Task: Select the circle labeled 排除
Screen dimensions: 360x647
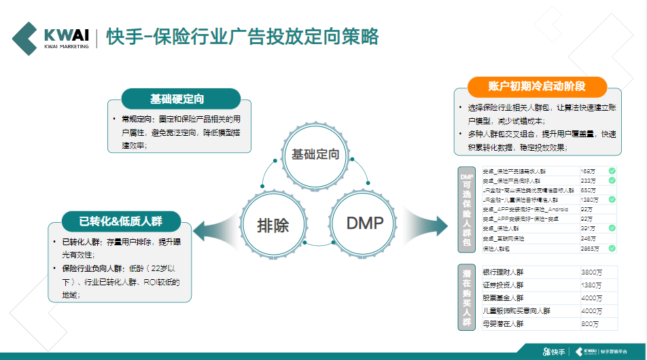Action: (x=273, y=225)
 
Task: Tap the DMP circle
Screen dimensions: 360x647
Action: (x=365, y=223)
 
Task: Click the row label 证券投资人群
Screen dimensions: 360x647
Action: (x=502, y=285)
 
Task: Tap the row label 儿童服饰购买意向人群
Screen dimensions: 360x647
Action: (x=516, y=311)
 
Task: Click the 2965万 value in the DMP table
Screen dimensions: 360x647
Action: (x=590, y=249)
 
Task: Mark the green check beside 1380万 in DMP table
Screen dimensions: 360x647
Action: (x=612, y=200)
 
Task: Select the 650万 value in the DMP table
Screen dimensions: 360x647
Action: (x=588, y=190)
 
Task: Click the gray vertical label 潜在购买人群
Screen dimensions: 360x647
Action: (x=466, y=298)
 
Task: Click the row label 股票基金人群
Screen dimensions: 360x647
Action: (x=502, y=298)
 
